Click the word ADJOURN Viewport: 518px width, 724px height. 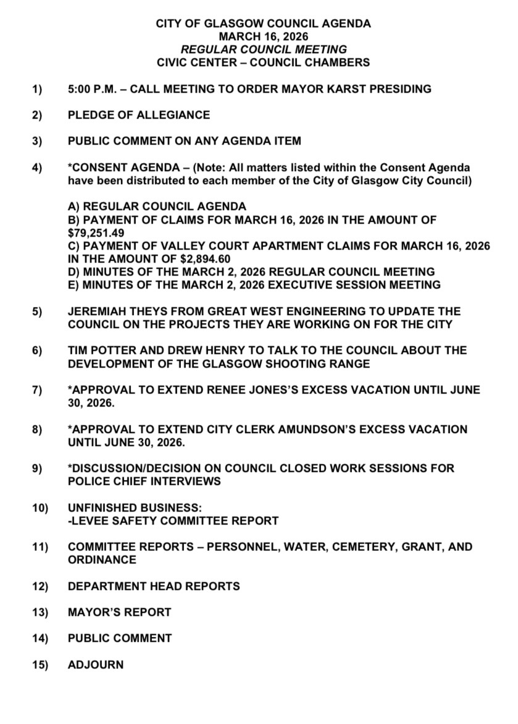tap(96, 665)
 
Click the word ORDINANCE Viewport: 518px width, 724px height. tap(102, 560)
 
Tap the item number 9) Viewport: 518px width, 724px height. tap(37, 468)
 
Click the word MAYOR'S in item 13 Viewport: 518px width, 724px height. tap(96, 612)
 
